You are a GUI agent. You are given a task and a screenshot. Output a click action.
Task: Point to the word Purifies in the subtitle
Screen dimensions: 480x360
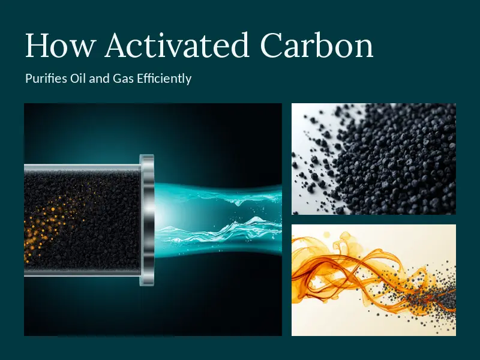tap(46, 79)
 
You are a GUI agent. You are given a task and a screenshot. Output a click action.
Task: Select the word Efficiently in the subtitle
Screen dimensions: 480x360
tap(164, 79)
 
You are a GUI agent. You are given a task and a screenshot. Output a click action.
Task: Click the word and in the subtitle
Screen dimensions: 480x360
tap(99, 79)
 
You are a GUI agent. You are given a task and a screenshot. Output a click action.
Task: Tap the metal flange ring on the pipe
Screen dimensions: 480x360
tap(147, 220)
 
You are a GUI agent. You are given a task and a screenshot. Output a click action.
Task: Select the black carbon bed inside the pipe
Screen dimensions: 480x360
tap(82, 220)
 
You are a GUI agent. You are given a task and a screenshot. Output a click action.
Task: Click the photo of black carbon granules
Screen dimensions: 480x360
tap(373, 159)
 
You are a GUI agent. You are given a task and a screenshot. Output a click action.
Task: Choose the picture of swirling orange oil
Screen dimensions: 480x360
tap(373, 280)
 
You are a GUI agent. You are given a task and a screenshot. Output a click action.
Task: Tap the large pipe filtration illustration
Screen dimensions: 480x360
tap(153, 220)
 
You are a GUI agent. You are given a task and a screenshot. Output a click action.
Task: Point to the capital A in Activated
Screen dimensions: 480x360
tap(116, 46)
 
